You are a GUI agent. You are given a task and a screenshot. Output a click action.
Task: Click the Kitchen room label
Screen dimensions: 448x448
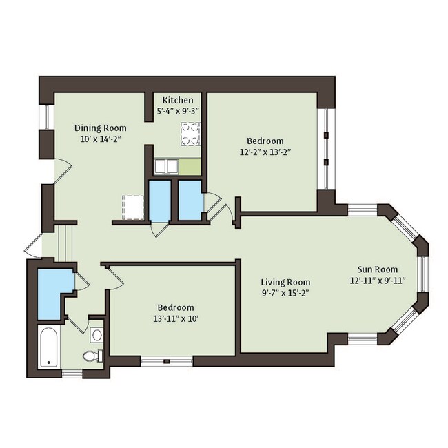[178, 101]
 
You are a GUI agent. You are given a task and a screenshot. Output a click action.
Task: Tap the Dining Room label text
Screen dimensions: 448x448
[101, 128]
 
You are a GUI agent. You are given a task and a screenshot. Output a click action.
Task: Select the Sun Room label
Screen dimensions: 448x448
[378, 269]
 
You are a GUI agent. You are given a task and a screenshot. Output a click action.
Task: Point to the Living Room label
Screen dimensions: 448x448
[285, 283]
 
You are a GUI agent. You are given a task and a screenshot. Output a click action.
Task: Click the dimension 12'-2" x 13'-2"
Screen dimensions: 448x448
[265, 152]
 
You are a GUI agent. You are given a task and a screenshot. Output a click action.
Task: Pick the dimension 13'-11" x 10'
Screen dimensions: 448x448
[176, 318]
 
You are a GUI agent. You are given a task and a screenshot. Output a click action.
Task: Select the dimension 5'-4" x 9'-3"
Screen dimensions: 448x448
[178, 111]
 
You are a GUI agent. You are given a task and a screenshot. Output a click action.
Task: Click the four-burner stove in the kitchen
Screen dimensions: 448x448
[190, 134]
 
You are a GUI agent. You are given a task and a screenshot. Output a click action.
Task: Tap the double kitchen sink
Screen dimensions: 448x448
[166, 167]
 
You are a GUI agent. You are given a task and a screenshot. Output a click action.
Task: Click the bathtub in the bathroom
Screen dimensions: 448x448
[48, 347]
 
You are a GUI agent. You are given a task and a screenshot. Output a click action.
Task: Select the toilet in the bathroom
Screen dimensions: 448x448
[93, 356]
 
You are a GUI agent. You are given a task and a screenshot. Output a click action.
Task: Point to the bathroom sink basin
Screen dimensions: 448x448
[97, 335]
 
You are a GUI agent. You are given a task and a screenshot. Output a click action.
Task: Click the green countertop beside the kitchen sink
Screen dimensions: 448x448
[190, 167]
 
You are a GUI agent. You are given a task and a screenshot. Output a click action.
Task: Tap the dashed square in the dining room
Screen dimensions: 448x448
[133, 207]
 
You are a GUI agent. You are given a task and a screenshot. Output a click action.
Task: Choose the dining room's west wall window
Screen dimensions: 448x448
[49, 117]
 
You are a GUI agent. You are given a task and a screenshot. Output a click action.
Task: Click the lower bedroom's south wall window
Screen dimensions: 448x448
[167, 361]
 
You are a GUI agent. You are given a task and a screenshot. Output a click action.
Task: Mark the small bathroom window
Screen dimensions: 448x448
[72, 374]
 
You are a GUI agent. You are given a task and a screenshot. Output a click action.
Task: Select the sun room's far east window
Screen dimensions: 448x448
[423, 274]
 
